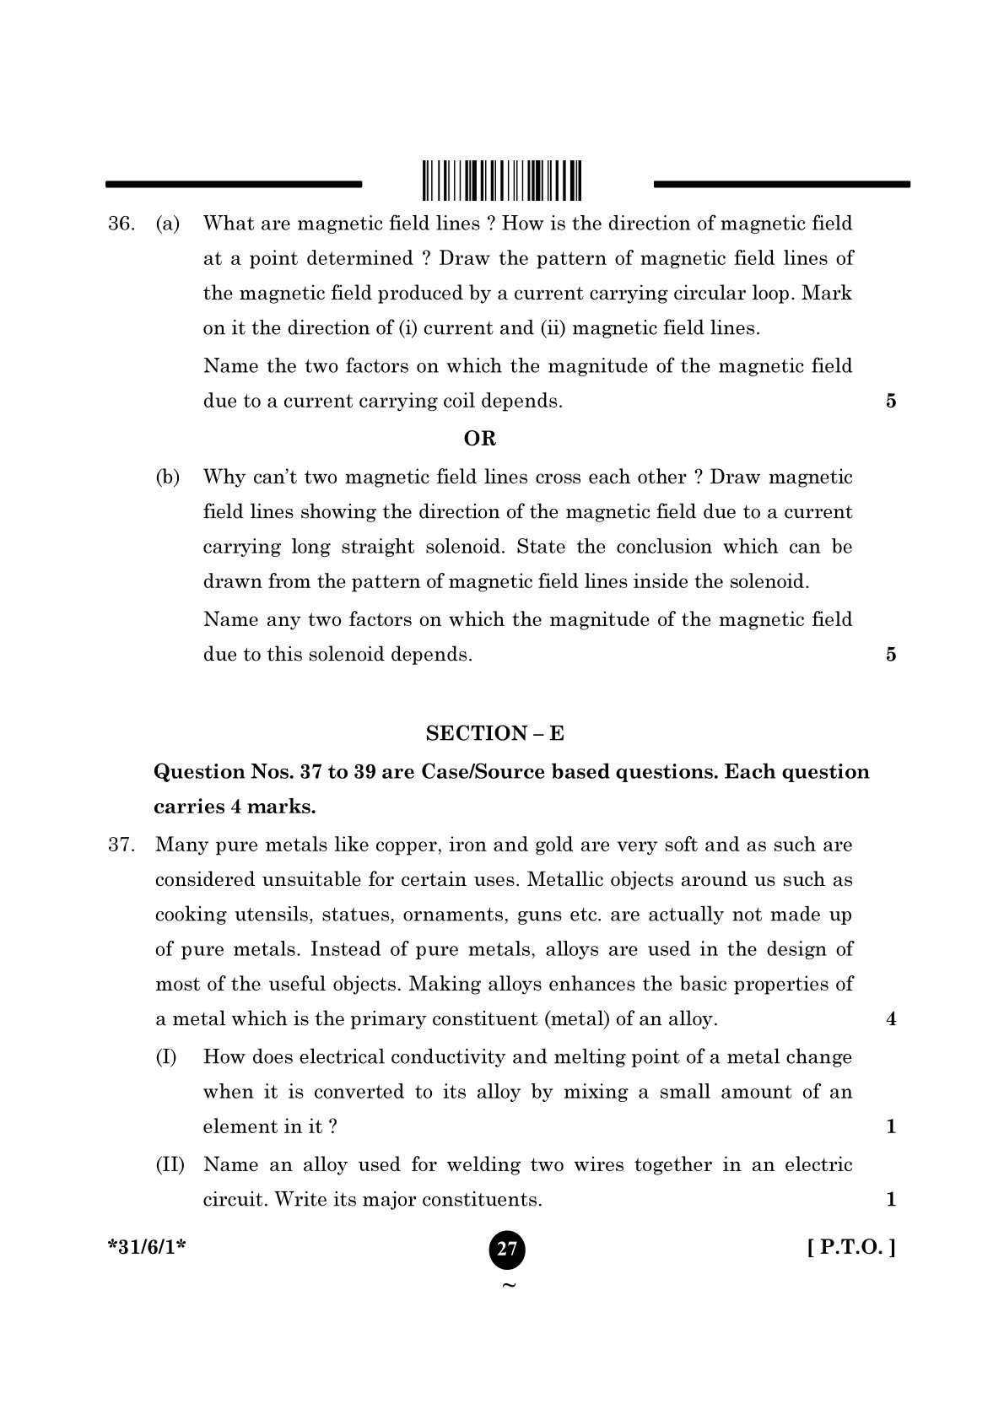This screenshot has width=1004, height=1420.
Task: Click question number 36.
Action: click(121, 224)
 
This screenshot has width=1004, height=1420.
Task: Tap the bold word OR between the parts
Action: click(480, 439)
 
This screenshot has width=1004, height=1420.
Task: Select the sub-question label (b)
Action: click(168, 478)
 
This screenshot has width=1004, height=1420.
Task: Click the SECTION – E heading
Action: click(494, 733)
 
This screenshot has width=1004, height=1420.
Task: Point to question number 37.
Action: click(121, 845)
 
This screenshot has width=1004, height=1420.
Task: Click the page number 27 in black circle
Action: click(506, 1249)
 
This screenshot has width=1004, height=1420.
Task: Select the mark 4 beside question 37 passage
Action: click(891, 1019)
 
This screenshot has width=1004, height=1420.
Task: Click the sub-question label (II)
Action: click(170, 1165)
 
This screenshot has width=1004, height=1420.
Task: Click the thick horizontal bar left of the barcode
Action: click(233, 183)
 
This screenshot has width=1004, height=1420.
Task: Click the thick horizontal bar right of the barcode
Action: click(781, 183)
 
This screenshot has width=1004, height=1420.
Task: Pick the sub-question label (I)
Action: click(166, 1057)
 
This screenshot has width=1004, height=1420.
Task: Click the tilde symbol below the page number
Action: click(507, 1286)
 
